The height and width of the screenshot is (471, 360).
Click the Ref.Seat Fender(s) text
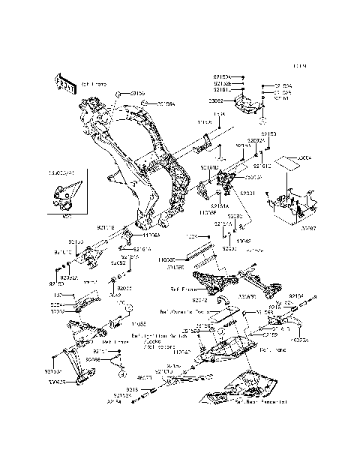point(253,401)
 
